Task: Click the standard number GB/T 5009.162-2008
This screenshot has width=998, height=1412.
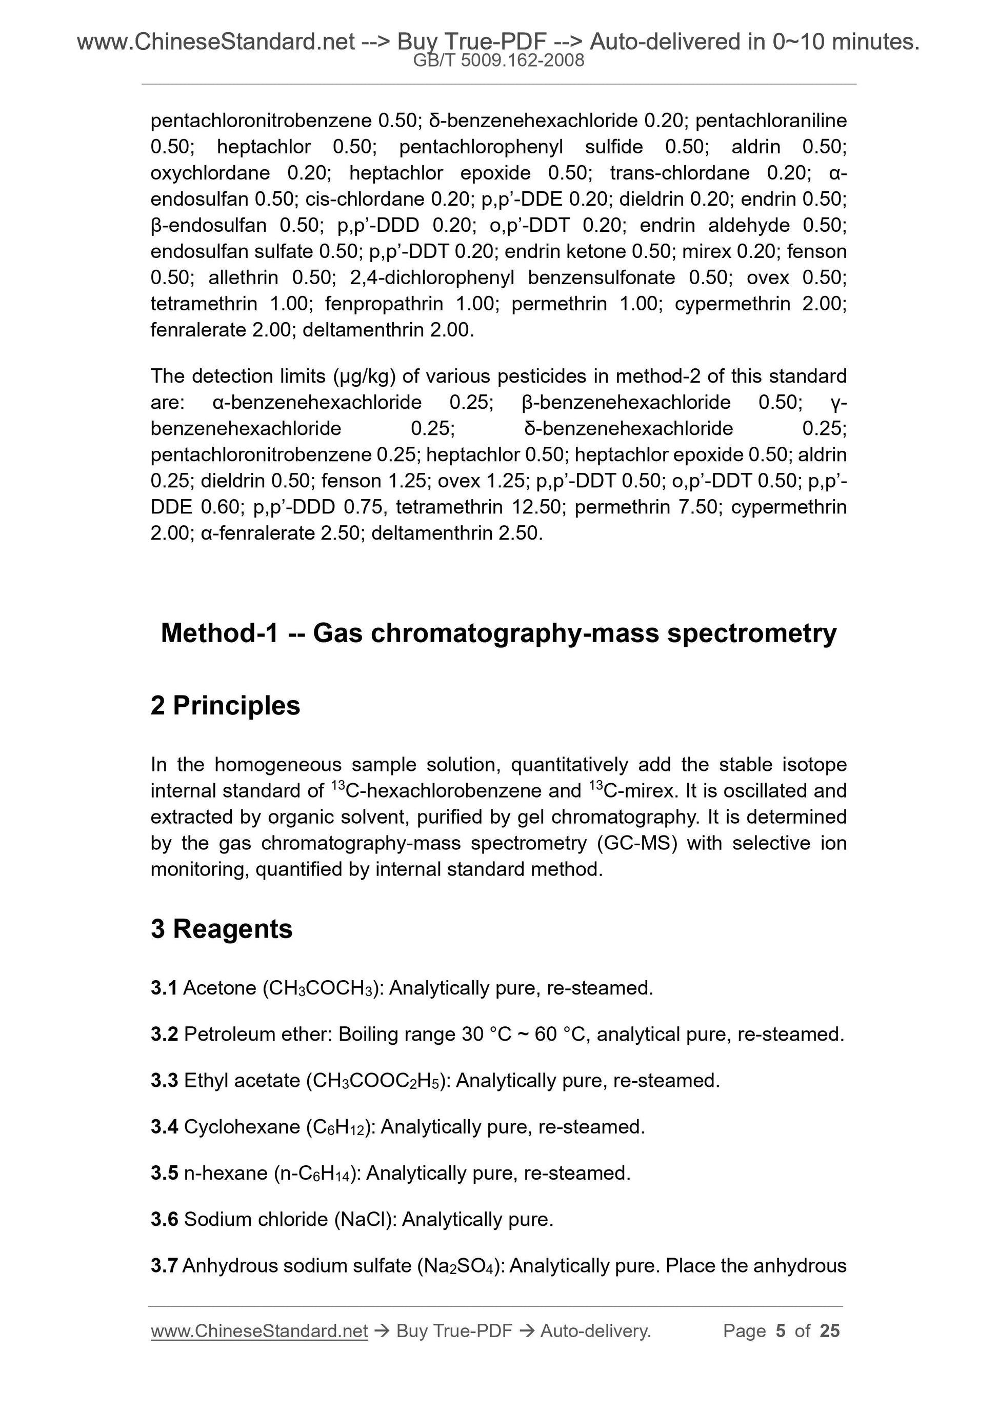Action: (x=498, y=61)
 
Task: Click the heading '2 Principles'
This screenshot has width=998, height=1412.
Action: (x=225, y=705)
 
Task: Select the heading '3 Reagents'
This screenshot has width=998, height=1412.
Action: (x=222, y=929)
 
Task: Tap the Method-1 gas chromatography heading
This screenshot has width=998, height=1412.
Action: (x=498, y=633)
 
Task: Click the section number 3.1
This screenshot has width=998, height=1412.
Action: (x=164, y=988)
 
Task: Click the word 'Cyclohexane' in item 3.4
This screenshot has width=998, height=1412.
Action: (x=242, y=1127)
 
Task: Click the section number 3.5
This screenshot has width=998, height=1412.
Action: (x=164, y=1173)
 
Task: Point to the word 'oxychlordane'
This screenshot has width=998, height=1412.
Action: (x=210, y=173)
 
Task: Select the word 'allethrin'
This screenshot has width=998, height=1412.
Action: (x=244, y=278)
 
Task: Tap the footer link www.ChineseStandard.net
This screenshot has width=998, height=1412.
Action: (x=259, y=1331)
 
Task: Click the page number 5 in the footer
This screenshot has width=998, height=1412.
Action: (x=781, y=1331)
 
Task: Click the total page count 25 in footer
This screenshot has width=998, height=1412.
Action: (x=829, y=1331)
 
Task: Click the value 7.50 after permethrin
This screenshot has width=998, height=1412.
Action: (x=698, y=507)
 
